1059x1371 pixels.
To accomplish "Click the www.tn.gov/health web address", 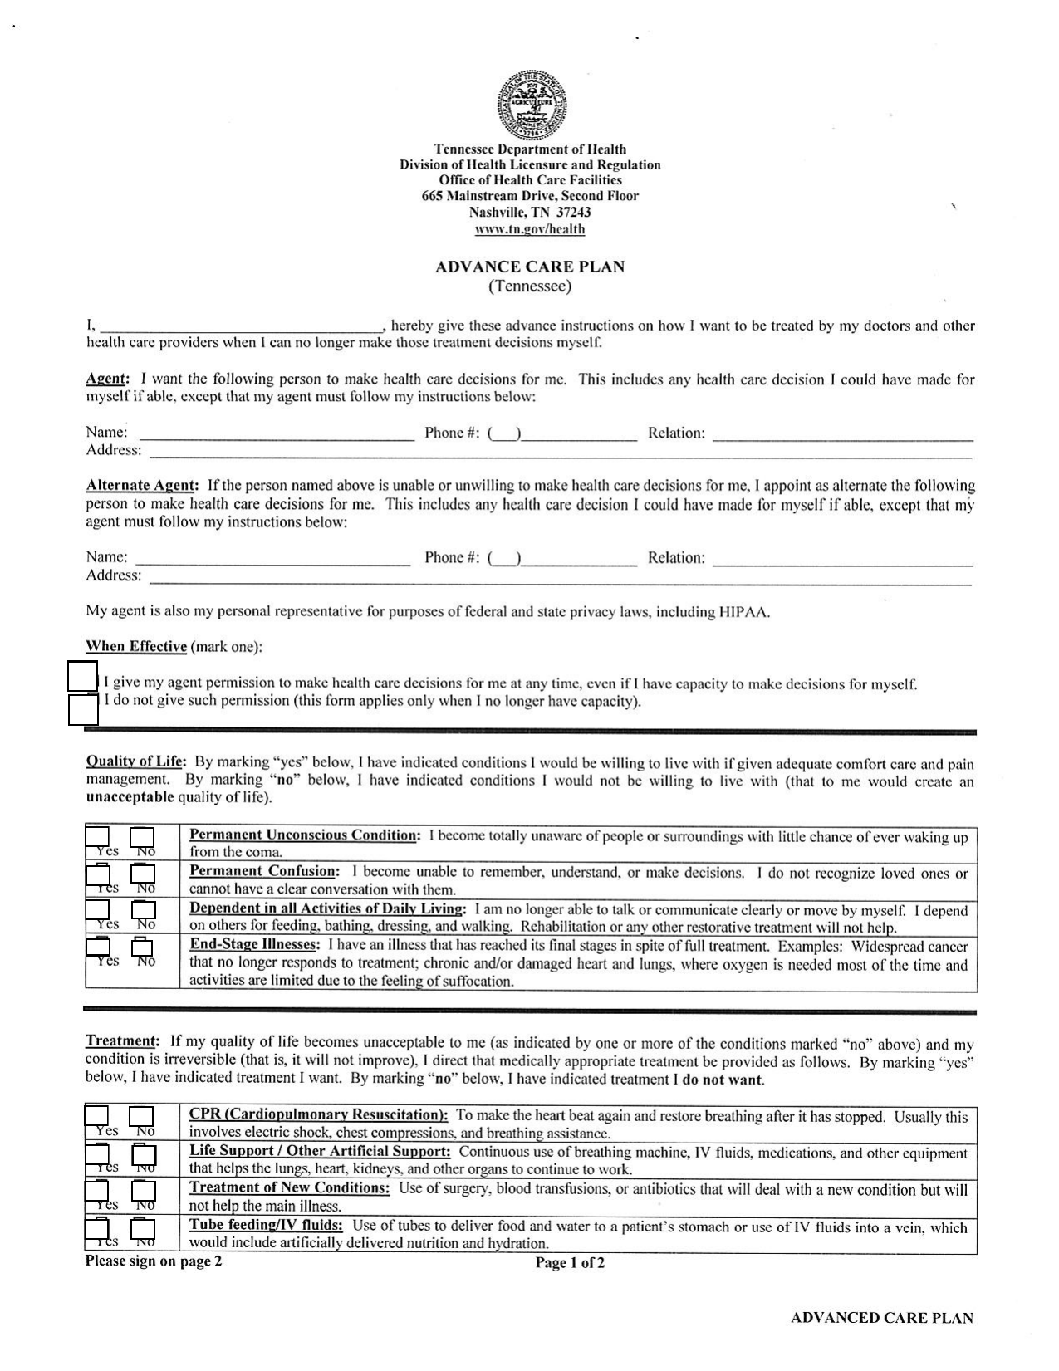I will point(530,229).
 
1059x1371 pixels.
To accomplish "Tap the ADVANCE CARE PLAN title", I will point(530,267).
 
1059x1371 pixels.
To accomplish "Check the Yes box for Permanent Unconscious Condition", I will point(98,838).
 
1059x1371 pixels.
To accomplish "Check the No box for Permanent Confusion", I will point(145,874).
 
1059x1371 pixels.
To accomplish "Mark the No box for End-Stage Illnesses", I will point(143,947).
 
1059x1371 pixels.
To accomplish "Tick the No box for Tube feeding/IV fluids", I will point(144,1229).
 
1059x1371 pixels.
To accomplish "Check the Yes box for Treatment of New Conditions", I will point(98,1192).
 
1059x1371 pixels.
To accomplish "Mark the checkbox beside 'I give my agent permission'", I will point(83,676).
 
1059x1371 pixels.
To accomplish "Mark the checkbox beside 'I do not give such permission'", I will point(83,710).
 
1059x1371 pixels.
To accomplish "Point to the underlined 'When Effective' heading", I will point(136,647).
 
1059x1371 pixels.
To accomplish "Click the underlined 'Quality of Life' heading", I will point(136,762).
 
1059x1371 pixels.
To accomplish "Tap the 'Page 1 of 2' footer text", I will point(570,1264).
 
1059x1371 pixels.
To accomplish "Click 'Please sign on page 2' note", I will point(154,1262).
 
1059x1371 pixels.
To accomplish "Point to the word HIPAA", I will point(743,613).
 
